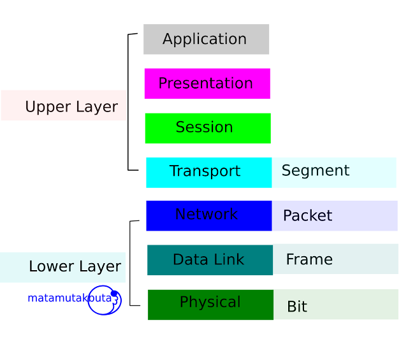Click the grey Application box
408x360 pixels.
coord(206,40)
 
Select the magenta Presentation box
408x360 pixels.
coord(207,83)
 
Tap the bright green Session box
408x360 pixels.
coord(207,128)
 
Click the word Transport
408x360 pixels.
coord(205,171)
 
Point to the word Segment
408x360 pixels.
coord(316,171)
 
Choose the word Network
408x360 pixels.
coord(206,215)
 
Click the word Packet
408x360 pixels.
coord(307,216)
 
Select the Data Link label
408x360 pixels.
coord(208,260)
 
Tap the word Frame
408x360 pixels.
coord(309,260)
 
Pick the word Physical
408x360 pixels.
coord(210,302)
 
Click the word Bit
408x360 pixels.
coord(297,307)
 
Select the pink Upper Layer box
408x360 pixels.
coord(64,106)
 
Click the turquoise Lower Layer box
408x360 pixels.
coord(63,268)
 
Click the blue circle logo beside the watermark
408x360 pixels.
coord(104,300)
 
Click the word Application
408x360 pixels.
coord(205,40)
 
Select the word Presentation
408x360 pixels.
coord(205,84)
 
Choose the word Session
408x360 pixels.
coord(204,127)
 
